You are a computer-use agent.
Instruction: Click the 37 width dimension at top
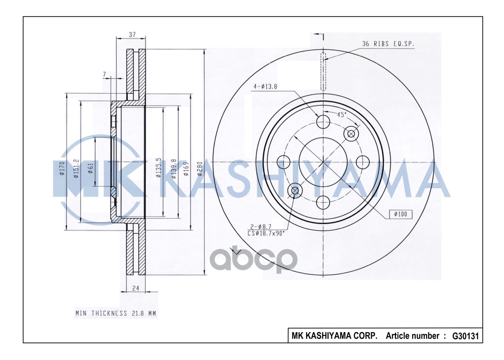click(132, 35)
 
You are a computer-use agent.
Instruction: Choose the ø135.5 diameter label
click(159, 167)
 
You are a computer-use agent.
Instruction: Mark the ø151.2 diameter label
click(76, 168)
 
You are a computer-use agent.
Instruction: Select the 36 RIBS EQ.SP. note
click(388, 44)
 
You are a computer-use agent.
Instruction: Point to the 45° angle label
click(342, 115)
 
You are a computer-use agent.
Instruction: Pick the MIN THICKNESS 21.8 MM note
click(115, 313)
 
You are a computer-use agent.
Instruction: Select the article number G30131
click(465, 336)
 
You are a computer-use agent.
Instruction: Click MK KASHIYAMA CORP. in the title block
click(335, 336)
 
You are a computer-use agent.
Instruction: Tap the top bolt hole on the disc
click(323, 121)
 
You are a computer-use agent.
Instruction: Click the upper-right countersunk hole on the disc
click(351, 134)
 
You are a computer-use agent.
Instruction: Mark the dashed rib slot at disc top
click(323, 72)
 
